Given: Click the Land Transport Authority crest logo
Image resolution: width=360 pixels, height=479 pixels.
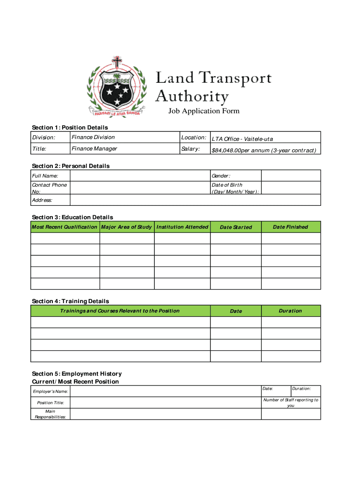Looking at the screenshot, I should (x=115, y=87).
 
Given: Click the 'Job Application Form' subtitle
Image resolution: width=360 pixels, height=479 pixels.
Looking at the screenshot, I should (x=204, y=111).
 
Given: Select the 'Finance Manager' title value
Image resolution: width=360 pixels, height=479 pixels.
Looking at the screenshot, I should (x=94, y=149).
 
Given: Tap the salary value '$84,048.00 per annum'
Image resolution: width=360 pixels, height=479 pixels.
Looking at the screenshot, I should (x=264, y=150).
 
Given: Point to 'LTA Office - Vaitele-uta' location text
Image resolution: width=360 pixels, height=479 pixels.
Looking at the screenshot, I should (x=242, y=139).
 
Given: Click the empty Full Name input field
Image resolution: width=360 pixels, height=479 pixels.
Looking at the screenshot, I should (x=140, y=175).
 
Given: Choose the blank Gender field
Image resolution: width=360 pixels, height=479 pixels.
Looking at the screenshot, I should (x=290, y=175).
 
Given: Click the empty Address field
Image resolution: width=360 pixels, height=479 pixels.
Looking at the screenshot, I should (x=195, y=200).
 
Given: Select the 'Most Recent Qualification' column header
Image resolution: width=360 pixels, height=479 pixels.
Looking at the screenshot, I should (x=65, y=227).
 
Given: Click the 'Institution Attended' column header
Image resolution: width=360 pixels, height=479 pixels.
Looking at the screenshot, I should (x=182, y=227).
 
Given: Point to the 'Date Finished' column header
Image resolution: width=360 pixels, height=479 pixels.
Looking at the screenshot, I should (x=290, y=227).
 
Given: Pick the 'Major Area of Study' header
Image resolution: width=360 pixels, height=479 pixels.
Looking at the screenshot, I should (x=127, y=227).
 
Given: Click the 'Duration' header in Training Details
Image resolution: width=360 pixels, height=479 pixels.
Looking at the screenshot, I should (x=290, y=311).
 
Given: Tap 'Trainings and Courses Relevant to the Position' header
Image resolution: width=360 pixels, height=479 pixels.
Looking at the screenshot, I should (x=120, y=311).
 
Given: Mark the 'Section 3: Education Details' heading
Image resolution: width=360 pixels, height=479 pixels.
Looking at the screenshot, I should (x=72, y=217).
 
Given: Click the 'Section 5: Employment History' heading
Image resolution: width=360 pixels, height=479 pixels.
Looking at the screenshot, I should (x=77, y=374).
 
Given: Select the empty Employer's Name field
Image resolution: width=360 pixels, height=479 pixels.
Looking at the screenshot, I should (x=165, y=391).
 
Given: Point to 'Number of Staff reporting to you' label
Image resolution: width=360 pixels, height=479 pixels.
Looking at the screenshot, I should (x=291, y=403).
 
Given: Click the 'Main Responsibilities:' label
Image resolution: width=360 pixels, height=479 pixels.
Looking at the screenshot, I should (x=50, y=414).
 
